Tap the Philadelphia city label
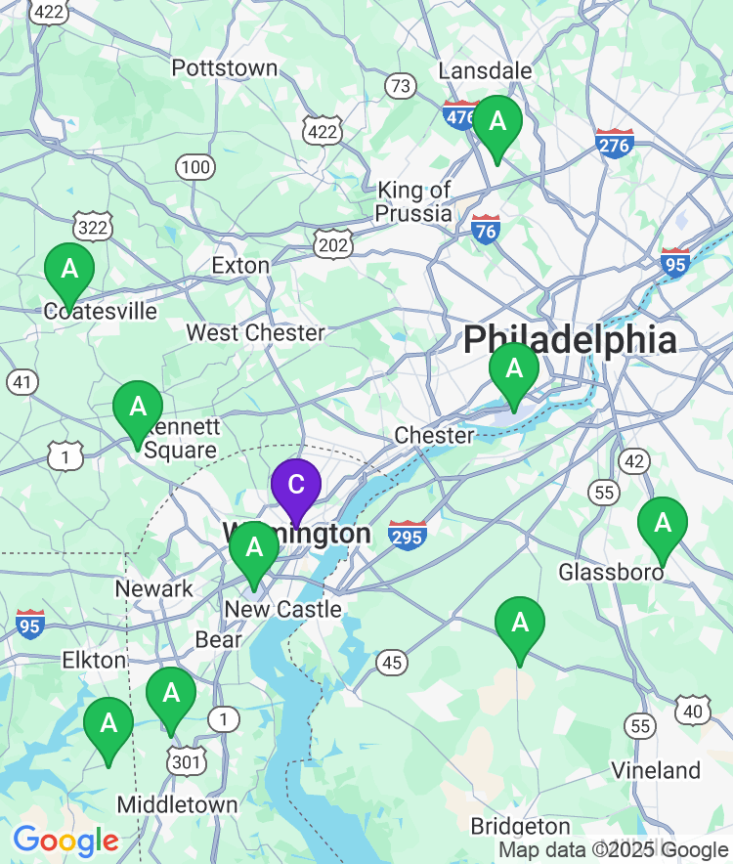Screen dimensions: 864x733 [570, 340]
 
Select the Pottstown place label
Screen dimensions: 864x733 [225, 68]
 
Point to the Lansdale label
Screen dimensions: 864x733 [485, 70]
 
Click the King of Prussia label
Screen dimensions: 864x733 [415, 201]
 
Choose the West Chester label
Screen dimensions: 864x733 [255, 332]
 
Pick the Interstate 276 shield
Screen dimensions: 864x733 [614, 144]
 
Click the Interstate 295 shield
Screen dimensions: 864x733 [407, 535]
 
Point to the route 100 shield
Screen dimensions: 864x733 [195, 167]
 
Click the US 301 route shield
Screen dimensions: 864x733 [186, 761]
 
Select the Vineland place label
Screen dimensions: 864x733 [656, 770]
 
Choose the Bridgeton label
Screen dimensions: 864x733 [520, 826]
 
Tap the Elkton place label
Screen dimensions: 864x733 [94, 660]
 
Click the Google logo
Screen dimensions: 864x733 [65, 841]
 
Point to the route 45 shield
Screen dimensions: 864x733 [392, 664]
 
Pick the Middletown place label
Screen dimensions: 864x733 [177, 804]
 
